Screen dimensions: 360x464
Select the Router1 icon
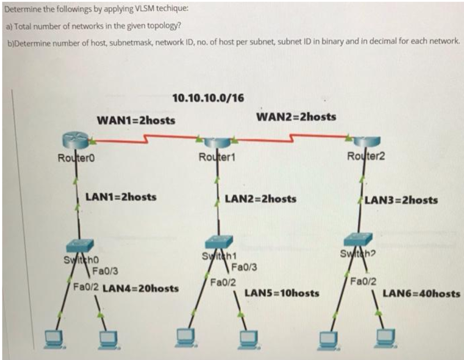click(216, 143)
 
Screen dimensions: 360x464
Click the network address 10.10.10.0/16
click(207, 98)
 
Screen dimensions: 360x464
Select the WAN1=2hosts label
click(136, 121)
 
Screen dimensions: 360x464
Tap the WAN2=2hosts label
click(296, 117)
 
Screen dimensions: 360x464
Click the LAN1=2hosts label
click(121, 197)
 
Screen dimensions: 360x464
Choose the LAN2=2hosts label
click(261, 199)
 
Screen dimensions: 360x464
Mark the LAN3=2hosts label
click(401, 201)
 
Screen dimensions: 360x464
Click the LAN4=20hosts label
click(140, 288)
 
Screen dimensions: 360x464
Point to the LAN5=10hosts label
click(282, 294)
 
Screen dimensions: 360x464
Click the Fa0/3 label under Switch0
click(105, 271)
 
